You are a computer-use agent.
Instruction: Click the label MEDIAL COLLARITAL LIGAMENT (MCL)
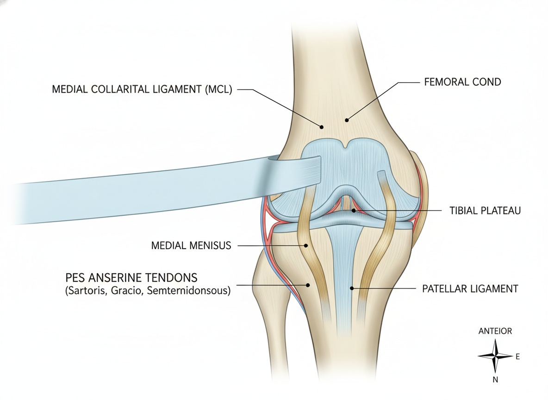pyautogui.click(x=142, y=89)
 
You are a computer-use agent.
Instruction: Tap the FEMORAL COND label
pyautogui.click(x=462, y=82)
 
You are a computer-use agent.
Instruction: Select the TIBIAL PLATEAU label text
pyautogui.click(x=485, y=211)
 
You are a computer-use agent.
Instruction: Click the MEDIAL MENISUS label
pyautogui.click(x=191, y=245)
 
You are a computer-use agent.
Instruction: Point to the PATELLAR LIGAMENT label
pyautogui.click(x=470, y=289)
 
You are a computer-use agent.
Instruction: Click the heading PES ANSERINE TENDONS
pyautogui.click(x=131, y=278)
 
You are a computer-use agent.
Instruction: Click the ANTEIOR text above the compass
pyautogui.click(x=495, y=331)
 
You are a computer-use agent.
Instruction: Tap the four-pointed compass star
pyautogui.click(x=495, y=356)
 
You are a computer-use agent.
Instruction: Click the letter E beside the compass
pyautogui.click(x=517, y=356)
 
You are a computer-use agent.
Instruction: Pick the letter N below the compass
pyautogui.click(x=495, y=380)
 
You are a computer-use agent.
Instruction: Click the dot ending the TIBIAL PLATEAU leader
pyautogui.click(x=354, y=211)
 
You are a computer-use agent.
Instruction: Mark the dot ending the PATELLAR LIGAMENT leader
pyautogui.click(x=352, y=288)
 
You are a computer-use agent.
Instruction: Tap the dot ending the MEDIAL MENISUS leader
pyautogui.click(x=306, y=245)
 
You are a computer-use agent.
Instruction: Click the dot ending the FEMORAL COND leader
pyautogui.click(x=347, y=120)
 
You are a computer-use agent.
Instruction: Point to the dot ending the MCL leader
pyautogui.click(x=322, y=127)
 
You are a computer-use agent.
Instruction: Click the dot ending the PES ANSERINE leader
pyautogui.click(x=308, y=285)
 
